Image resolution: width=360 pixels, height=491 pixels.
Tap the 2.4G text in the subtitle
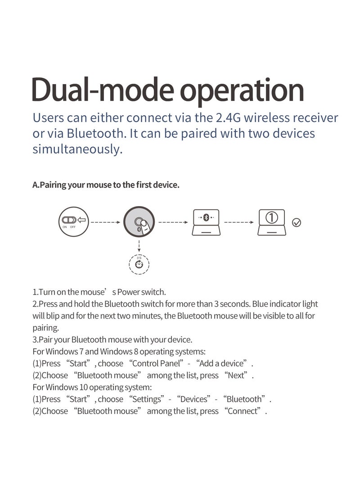[x=228, y=118]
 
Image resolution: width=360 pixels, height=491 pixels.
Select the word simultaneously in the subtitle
[x=77, y=149]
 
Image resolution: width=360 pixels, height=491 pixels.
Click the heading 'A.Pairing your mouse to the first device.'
[x=106, y=185]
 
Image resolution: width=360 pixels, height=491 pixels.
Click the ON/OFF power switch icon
[x=73, y=222]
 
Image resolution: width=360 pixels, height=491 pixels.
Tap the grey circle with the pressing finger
[x=139, y=222]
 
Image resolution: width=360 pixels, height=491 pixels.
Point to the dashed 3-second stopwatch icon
[x=139, y=264]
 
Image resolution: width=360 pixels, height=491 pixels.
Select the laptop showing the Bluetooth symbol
[x=206, y=222]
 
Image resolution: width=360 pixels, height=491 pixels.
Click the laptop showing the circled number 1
[x=272, y=222]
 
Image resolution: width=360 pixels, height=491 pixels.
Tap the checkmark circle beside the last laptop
[x=297, y=223]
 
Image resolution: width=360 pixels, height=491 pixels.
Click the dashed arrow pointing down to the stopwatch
[x=139, y=246]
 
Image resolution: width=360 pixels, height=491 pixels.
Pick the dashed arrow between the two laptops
[x=239, y=222]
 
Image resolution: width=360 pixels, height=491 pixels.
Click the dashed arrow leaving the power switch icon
[x=106, y=222]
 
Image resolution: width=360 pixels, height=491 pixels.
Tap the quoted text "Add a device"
[x=221, y=364]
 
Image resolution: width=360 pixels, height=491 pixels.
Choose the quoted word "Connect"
[x=242, y=411]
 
